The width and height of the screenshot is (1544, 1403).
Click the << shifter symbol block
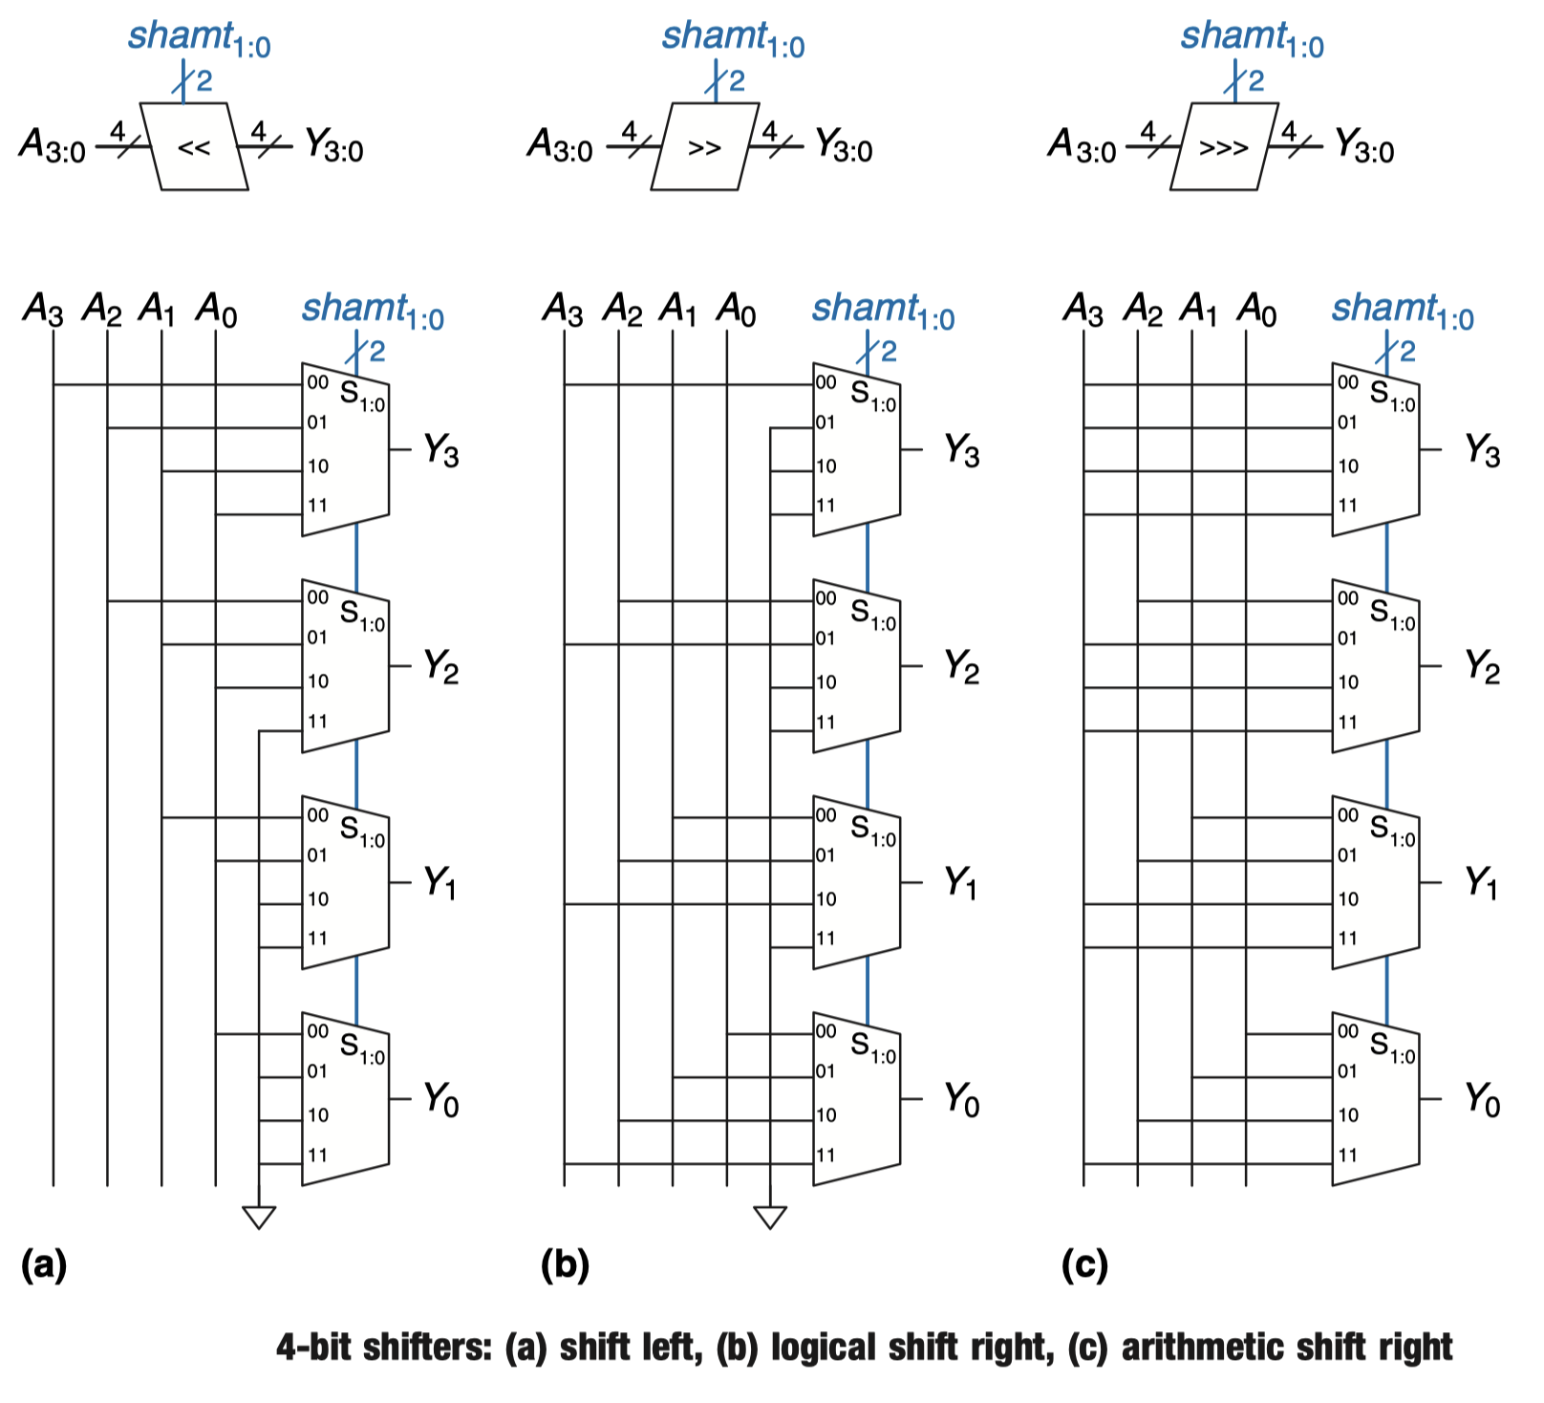[x=194, y=146]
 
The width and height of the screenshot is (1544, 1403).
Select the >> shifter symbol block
[x=703, y=146]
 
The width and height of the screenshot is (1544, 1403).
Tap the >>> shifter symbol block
[x=1224, y=146]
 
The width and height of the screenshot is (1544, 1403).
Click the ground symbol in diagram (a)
[x=259, y=1217]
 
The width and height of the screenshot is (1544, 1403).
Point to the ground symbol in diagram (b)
[x=770, y=1217]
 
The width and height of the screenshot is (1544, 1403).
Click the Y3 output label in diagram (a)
[x=440, y=449]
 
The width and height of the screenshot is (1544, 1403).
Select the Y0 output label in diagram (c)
[x=1482, y=1100]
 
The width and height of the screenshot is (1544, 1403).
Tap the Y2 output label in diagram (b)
[x=961, y=666]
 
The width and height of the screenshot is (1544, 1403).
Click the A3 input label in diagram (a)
[x=43, y=310]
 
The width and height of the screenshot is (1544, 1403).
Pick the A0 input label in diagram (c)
[x=1256, y=310]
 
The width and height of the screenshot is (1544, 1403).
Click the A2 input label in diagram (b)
[x=622, y=310]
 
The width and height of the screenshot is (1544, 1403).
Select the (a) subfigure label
[x=44, y=1264]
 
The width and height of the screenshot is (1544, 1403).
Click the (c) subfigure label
[x=1084, y=1264]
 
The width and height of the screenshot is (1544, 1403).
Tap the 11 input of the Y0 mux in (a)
[x=317, y=1155]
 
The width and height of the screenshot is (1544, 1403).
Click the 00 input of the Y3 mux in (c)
[x=1347, y=383]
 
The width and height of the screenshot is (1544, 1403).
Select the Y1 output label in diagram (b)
[x=960, y=882]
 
